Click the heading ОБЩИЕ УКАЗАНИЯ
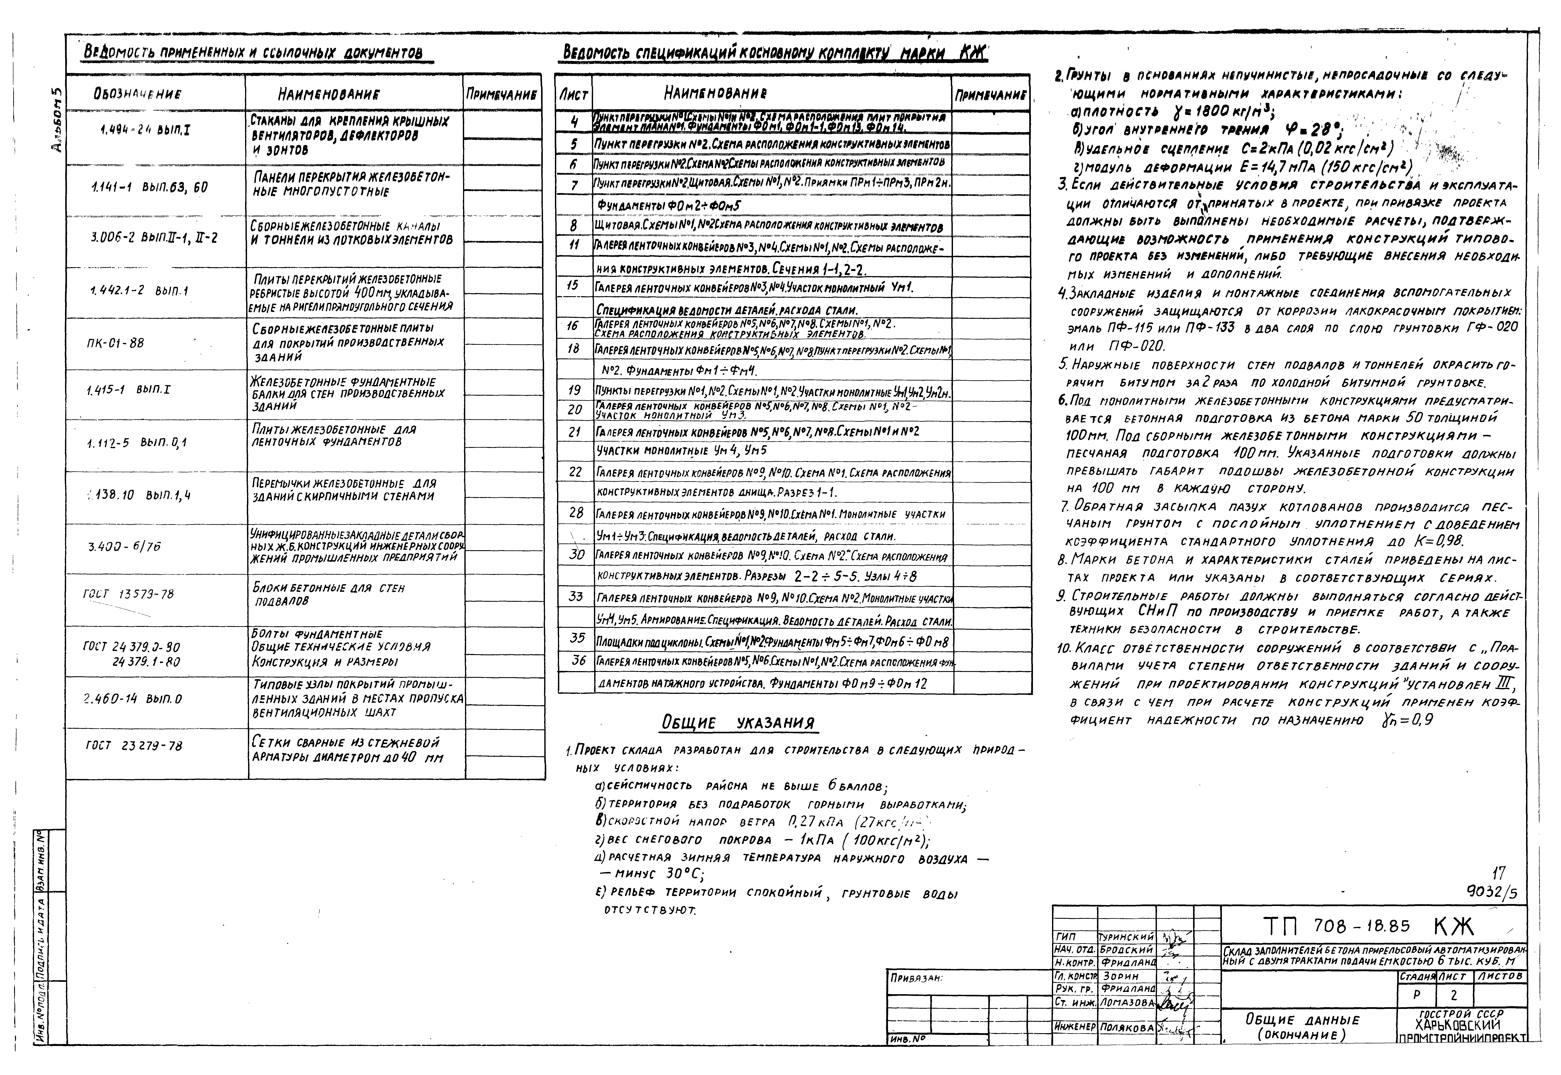pos(738,723)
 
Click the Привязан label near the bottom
pos(916,979)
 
